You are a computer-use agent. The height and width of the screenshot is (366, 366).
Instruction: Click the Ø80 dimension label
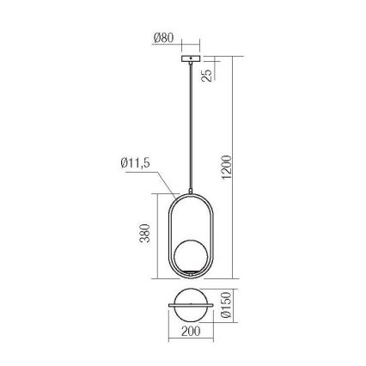pos(163,38)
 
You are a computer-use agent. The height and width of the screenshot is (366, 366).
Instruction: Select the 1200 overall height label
pos(226,167)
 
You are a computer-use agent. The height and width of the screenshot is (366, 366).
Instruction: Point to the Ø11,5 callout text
pos(135,163)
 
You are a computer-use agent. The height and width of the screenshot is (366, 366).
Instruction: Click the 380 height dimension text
pos(145,233)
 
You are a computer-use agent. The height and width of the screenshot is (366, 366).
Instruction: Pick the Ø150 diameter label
pos(226,305)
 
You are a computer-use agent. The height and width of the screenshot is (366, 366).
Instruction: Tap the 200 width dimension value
pos(191,332)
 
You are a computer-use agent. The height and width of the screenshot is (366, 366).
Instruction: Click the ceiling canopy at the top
pos(191,58)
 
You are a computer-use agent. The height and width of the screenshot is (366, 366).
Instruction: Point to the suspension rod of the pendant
pos(191,126)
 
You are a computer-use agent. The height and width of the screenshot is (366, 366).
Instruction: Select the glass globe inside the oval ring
pos(191,255)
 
